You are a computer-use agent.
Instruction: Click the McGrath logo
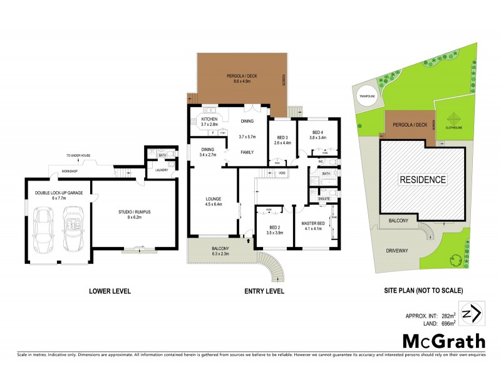coord(443,341)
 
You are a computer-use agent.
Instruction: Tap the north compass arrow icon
coord(470,313)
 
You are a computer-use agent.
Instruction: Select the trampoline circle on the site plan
coord(366,97)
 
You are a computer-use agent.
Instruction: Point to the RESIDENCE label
coord(424,180)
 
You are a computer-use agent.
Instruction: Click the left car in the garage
coord(46,230)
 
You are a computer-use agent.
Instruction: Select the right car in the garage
coord(73,230)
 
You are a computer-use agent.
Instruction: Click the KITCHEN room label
coord(209,119)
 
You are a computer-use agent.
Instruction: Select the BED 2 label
coord(275,227)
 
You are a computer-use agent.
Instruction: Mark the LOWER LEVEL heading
coord(110,291)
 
